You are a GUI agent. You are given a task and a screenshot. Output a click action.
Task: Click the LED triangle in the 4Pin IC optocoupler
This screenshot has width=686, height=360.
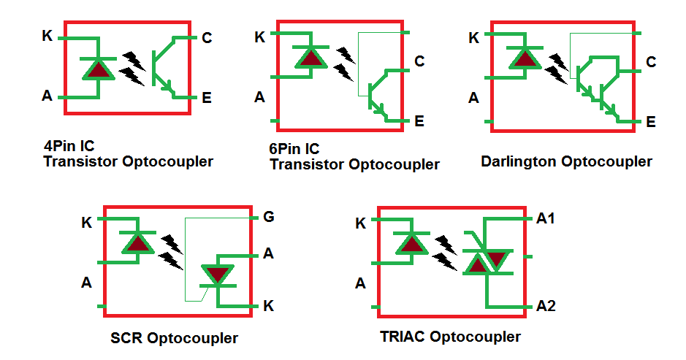click(x=98, y=69)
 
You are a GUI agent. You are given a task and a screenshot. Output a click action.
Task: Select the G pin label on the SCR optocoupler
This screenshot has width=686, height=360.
click(x=268, y=217)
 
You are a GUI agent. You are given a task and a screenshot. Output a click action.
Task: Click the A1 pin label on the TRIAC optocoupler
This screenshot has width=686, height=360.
click(x=546, y=218)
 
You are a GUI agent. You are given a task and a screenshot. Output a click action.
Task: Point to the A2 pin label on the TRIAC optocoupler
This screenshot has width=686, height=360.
click(x=546, y=305)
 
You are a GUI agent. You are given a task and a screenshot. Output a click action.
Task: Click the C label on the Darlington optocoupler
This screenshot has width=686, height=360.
click(x=650, y=62)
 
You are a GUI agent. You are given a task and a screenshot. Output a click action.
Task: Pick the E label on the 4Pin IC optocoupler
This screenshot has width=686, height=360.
click(x=207, y=97)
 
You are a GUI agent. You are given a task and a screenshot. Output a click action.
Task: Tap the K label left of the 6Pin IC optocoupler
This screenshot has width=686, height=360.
click(x=259, y=37)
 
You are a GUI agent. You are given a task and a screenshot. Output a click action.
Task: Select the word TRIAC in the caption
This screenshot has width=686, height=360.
click(x=403, y=337)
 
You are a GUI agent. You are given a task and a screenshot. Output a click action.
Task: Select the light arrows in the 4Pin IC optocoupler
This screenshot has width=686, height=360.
click(x=132, y=67)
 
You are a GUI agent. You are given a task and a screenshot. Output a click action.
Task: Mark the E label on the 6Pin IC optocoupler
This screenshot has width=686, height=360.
click(x=419, y=121)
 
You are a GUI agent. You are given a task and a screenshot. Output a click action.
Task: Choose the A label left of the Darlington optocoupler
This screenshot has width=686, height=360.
click(x=473, y=98)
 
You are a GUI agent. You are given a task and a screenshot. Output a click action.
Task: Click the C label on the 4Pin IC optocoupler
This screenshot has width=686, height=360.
click(x=207, y=38)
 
